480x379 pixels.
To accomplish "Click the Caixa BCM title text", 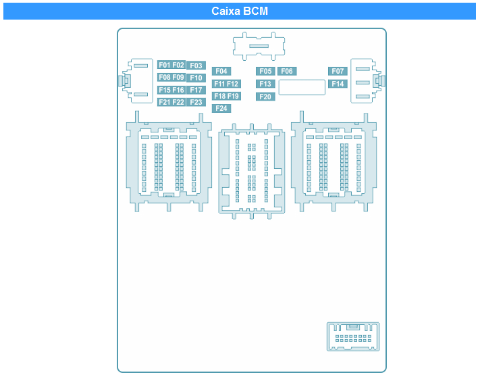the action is click(x=240, y=11).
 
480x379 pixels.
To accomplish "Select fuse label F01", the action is click(x=164, y=65).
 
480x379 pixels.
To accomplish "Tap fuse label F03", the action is click(x=196, y=66).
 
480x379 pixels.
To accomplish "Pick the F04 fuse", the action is click(x=221, y=71).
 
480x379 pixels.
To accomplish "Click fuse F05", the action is click(x=265, y=71).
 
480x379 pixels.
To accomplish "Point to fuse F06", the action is click(x=287, y=71).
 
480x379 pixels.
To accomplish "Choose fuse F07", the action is click(x=338, y=71).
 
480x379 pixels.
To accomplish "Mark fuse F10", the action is click(x=196, y=78).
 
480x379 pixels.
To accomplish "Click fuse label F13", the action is click(x=265, y=84).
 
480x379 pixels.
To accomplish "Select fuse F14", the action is click(x=338, y=84).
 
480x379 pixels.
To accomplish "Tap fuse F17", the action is click(x=196, y=90).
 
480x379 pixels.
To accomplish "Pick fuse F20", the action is click(x=265, y=97).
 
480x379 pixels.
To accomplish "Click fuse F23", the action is click(x=196, y=102).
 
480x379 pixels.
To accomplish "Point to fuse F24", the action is click(x=221, y=108).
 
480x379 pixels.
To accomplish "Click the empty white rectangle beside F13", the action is click(x=302, y=87).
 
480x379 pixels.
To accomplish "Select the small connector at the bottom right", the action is click(x=353, y=336).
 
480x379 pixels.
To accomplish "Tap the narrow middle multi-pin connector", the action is click(x=252, y=172).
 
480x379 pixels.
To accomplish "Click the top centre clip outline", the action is click(x=259, y=46).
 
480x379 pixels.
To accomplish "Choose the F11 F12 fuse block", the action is click(x=226, y=84).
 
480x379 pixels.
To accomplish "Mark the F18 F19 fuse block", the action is click(x=226, y=96).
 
